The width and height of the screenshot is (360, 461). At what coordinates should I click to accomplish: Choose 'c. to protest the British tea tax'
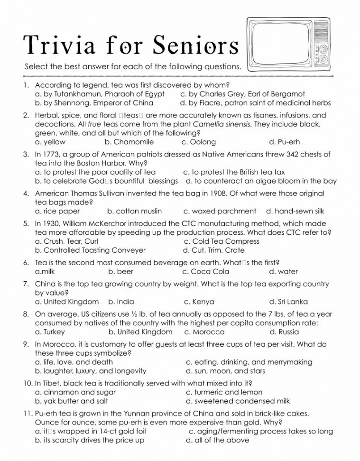234,172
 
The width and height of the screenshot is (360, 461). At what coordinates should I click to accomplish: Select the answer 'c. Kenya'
199,302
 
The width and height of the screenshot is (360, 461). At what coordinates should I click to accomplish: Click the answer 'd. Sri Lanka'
288,302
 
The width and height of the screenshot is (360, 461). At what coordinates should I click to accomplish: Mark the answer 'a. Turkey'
50,332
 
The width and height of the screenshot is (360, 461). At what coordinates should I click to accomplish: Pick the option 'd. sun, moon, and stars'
225,371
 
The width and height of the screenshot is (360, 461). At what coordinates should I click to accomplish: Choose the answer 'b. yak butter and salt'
72,401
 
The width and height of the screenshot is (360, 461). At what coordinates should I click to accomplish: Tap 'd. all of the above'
217,440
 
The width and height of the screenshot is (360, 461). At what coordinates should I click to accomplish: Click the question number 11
27,414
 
